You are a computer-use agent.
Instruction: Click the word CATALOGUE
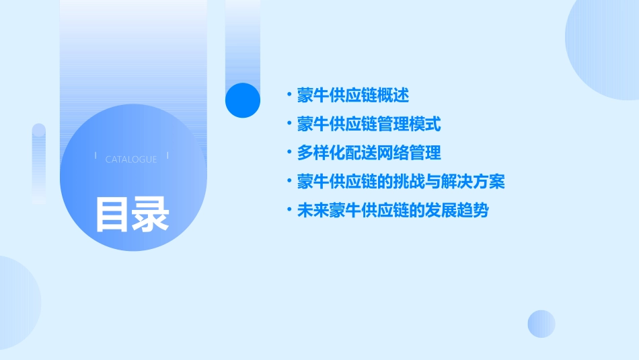coord(131,159)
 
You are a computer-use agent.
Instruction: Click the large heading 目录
coord(132,213)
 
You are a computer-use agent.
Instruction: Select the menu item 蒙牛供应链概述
coord(352,96)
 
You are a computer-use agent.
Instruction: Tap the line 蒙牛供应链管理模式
coord(369,124)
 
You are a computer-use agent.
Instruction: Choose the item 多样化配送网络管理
coord(369,153)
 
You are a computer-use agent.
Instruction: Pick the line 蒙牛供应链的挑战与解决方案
coord(401,182)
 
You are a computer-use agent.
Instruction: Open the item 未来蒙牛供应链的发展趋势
coord(393,211)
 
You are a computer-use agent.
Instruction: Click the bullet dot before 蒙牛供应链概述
coord(289,96)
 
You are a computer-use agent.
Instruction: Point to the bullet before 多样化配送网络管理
coord(289,153)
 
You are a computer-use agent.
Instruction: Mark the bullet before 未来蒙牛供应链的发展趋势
coord(289,211)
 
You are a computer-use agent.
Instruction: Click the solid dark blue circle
coord(243,100)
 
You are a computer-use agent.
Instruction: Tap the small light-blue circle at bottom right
coord(541,324)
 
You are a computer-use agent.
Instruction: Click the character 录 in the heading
coord(151,213)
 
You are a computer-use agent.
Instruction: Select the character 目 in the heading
coord(112,213)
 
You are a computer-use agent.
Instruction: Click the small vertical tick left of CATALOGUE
coord(96,157)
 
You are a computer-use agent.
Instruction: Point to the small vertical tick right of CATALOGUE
coord(167,157)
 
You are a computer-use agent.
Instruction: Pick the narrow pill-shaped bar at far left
coord(38,164)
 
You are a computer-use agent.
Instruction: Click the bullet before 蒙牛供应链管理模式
coord(289,124)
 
